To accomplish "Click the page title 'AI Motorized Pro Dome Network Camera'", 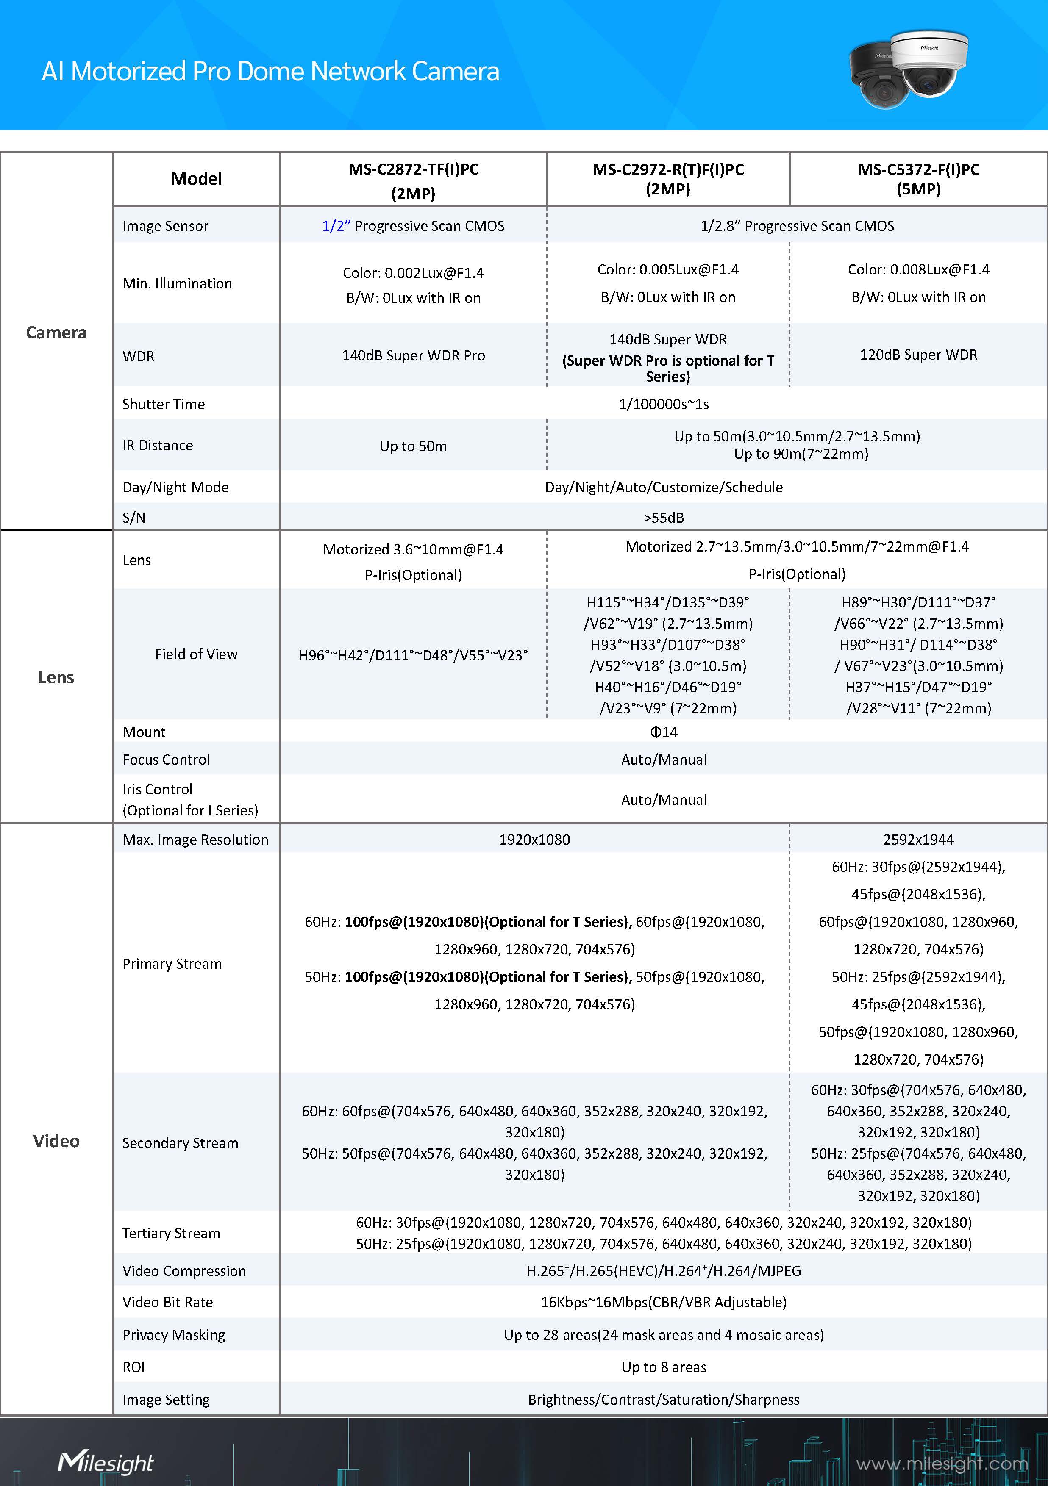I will coord(270,71).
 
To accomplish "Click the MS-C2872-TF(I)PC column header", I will coord(413,180).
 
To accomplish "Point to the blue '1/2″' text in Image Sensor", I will coord(335,226).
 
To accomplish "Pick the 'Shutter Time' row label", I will coord(164,404).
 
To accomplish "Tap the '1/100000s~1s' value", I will coord(664,404).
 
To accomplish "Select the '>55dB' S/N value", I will coord(664,517).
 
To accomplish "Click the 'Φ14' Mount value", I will coord(664,732).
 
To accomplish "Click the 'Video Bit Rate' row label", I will coord(168,1302).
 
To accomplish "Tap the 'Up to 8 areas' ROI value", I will coord(664,1367).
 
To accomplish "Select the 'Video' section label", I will coord(56,1141).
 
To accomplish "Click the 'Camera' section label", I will coord(56,333).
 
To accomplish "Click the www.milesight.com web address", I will coord(941,1464).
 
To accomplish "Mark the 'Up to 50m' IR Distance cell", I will coord(413,446).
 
